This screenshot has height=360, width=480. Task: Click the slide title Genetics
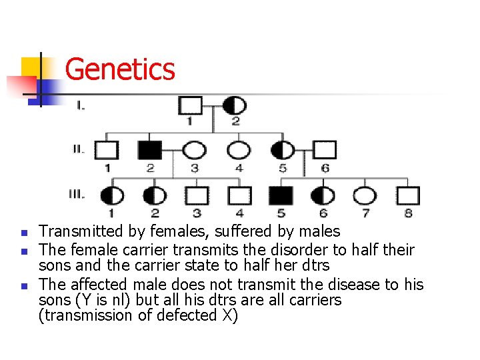(120, 69)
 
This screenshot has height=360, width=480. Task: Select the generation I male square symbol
(190, 105)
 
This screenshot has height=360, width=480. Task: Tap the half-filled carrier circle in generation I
(235, 105)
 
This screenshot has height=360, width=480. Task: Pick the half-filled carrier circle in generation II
(282, 150)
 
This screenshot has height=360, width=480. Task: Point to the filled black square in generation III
(281, 195)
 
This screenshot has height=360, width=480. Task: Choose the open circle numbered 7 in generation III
(364, 195)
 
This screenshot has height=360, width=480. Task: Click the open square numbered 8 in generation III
(407, 195)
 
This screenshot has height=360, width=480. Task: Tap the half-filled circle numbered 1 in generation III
(111, 195)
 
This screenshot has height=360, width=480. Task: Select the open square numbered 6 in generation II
(325, 150)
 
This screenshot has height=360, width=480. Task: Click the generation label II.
(79, 149)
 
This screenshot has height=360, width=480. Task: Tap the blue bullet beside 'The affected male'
(23, 285)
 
